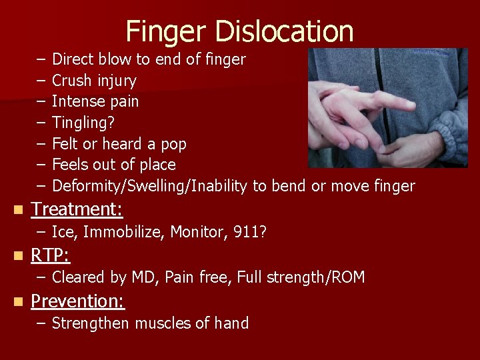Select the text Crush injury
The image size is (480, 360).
tap(94, 81)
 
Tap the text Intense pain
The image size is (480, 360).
tap(95, 101)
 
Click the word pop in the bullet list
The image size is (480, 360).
tap(173, 144)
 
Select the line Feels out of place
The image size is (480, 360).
tap(113, 165)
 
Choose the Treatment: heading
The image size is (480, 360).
tap(77, 209)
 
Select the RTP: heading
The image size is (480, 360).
tap(51, 255)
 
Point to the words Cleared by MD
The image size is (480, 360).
tap(102, 277)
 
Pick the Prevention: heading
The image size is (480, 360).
tap(78, 301)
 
